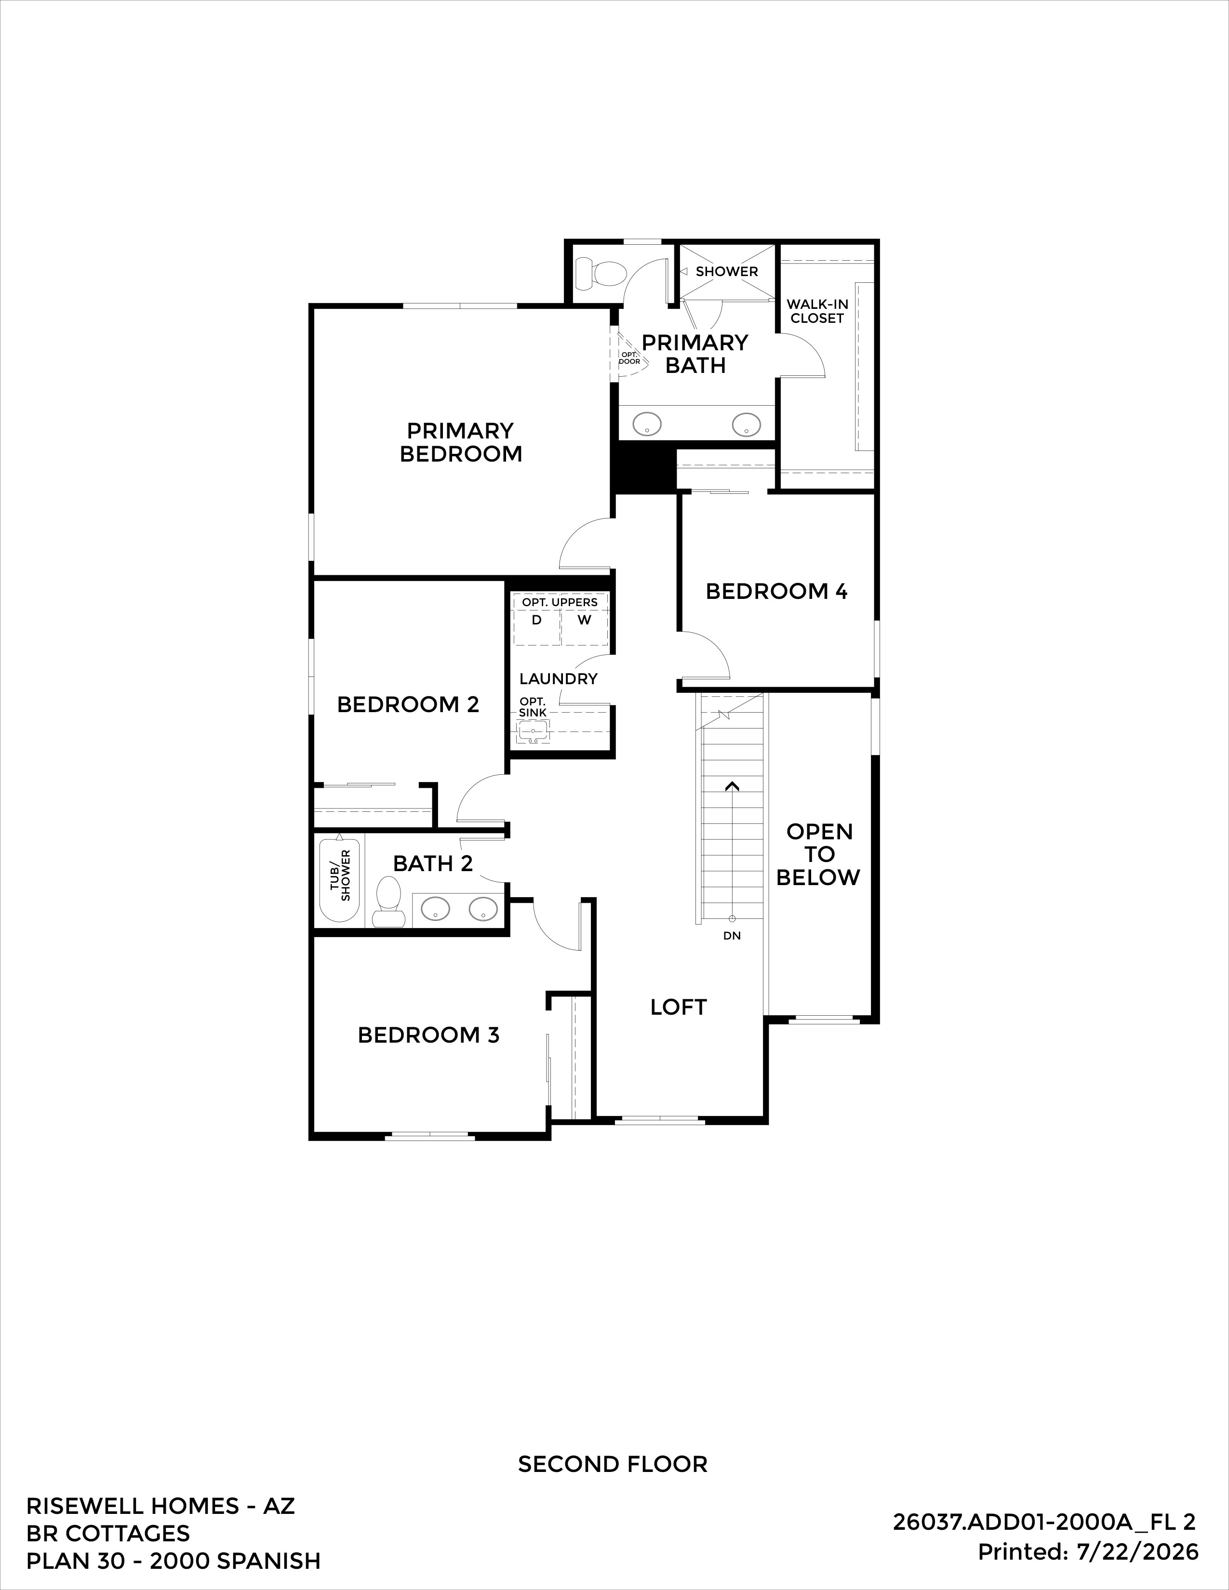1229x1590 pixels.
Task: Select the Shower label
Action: (x=727, y=272)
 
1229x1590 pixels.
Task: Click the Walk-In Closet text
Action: (x=817, y=311)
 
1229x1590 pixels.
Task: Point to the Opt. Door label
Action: (x=629, y=358)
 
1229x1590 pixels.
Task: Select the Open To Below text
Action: (x=818, y=855)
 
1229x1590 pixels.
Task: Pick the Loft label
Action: (x=679, y=1007)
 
